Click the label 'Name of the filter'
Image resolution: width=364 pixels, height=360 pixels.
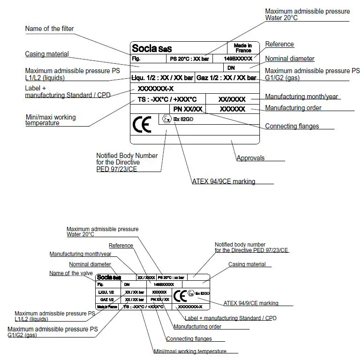[49, 29]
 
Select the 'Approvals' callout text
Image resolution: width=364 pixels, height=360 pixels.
[250, 158]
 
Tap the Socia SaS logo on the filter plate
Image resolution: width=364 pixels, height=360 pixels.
[152, 48]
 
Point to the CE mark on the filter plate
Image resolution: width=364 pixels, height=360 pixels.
[142, 125]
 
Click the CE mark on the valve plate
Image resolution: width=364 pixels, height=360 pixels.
[180, 296]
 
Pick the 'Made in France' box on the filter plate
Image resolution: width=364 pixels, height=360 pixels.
[243, 48]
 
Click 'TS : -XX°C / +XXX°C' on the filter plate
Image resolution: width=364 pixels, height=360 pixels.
[167, 99]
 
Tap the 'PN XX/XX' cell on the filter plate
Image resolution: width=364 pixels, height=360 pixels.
[188, 109]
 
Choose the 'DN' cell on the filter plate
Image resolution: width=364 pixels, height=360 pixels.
[231, 68]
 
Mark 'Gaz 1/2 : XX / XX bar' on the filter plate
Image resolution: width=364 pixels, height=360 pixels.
[226, 78]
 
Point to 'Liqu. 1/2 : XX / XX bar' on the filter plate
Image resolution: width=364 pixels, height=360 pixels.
[162, 78]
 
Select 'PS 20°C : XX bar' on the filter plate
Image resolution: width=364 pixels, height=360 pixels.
[190, 60]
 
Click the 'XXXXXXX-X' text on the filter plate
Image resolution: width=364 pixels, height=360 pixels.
[156, 89]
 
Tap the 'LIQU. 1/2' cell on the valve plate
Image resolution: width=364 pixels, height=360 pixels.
[105, 292]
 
